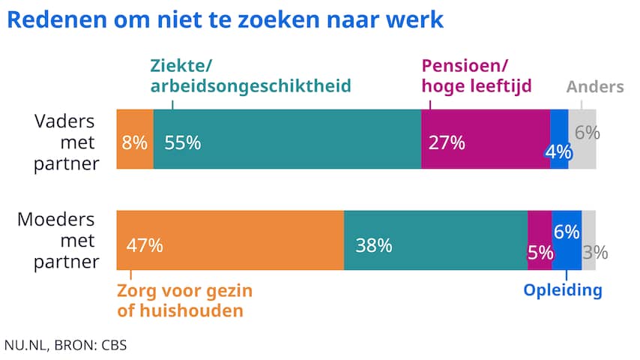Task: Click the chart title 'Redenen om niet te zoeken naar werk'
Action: pyautogui.click(x=224, y=20)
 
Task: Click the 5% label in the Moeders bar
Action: pyautogui.click(x=540, y=253)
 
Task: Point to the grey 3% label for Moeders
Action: pyautogui.click(x=595, y=253)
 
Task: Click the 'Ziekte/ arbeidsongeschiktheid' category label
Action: pyautogui.click(x=251, y=76)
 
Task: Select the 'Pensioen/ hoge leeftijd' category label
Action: pyautogui.click(x=477, y=76)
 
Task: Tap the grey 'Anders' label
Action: pyautogui.click(x=595, y=87)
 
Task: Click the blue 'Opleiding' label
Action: pyautogui.click(x=563, y=291)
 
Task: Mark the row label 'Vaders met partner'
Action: pyautogui.click(x=66, y=142)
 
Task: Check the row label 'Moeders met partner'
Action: pyautogui.click(x=57, y=241)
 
